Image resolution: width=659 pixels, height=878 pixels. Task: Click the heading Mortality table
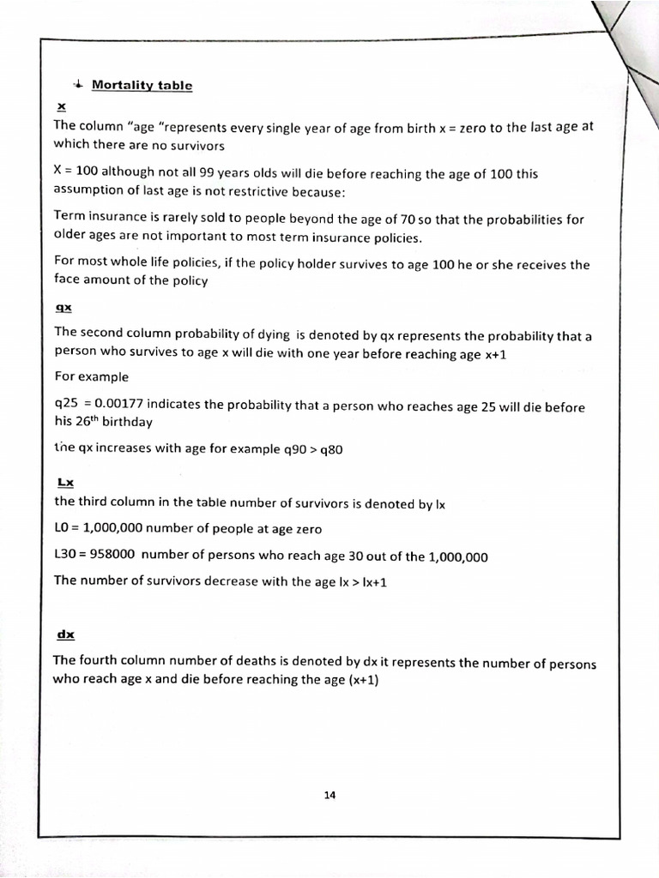(142, 85)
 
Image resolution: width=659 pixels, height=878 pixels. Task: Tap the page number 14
(329, 794)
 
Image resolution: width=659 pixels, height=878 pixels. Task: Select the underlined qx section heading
(63, 307)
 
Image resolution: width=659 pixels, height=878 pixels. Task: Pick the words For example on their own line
(91, 376)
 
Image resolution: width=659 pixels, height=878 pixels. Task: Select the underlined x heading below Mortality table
(60, 107)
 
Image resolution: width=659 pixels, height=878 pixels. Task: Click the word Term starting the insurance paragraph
(68, 218)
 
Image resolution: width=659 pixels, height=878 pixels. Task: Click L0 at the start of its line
(63, 530)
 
